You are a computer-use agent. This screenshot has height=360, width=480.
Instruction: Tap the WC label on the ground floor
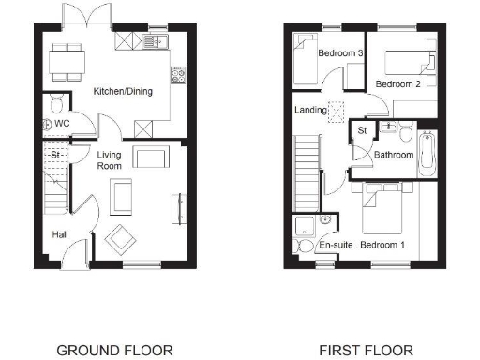[62, 123]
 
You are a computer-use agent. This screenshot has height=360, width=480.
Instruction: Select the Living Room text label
[111, 159]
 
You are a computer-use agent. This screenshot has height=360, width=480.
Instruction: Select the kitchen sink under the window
[152, 42]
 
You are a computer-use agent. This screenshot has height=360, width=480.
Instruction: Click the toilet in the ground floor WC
[54, 103]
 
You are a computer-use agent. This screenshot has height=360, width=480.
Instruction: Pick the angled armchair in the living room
[119, 238]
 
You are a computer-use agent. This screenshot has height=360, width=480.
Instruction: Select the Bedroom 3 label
[340, 53]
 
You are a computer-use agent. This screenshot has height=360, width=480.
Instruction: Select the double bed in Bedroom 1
[382, 209]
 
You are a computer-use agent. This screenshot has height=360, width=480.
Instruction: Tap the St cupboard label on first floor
[360, 132]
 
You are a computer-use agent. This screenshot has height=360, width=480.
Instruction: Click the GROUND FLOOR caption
[114, 351]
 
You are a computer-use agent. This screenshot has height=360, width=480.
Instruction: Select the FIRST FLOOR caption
[366, 351]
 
